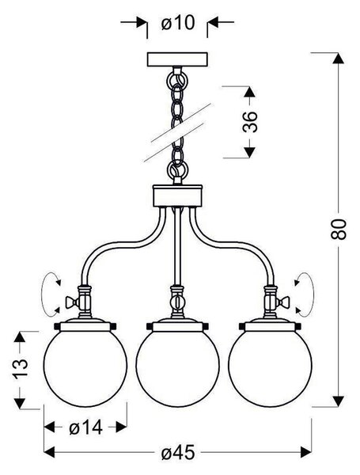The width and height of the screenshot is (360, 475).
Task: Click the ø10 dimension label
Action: pyautogui.click(x=178, y=23)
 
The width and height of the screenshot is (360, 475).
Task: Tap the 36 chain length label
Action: pyautogui.click(x=250, y=122)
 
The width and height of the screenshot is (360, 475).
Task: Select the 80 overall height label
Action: pyautogui.click(x=339, y=230)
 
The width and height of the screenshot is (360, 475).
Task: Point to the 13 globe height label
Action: pyautogui.click(x=21, y=368)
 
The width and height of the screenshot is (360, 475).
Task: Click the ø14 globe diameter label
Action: pyautogui.click(x=85, y=427)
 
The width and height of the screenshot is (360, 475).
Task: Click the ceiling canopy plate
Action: pyautogui.click(x=177, y=59)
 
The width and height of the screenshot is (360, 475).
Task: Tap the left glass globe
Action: pyautogui.click(x=85, y=368)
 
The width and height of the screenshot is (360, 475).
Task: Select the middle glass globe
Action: pyautogui.click(x=177, y=368)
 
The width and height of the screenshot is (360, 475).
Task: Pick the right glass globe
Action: pyautogui.click(x=270, y=368)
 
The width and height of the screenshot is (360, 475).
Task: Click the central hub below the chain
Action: pyautogui.click(x=177, y=196)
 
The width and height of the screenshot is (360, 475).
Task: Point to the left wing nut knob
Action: pyautogui.click(x=71, y=302)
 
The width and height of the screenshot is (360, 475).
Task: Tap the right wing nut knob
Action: pyautogui.click(x=284, y=302)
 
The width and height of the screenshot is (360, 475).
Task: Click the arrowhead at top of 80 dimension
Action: pyautogui.click(x=338, y=58)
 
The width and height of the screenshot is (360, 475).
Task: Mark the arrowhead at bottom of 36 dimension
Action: pyautogui.click(x=249, y=152)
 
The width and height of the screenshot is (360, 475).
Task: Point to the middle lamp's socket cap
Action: pyautogui.click(x=178, y=325)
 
